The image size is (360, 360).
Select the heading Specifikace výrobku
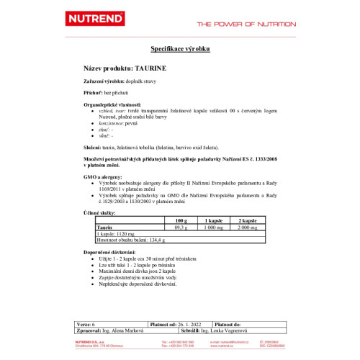[x=179, y=49]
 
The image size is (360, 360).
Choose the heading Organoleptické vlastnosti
[x=114, y=104]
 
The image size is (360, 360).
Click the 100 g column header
[x=180, y=220]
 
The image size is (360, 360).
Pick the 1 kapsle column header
[x=213, y=220]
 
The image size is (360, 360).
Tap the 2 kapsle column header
[x=247, y=220]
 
